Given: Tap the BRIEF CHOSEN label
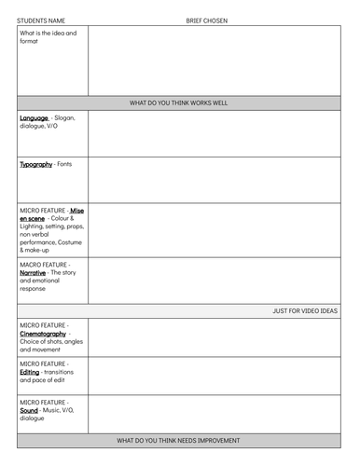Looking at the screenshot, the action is coord(206,20).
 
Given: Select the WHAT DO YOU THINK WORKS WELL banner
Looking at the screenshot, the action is coord(178,103).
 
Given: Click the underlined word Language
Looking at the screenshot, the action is coord(34,118).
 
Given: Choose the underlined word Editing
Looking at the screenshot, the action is coord(30,372).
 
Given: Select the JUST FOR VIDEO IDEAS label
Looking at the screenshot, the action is coord(305,311).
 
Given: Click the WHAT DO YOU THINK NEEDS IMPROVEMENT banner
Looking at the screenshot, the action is coord(178,440).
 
